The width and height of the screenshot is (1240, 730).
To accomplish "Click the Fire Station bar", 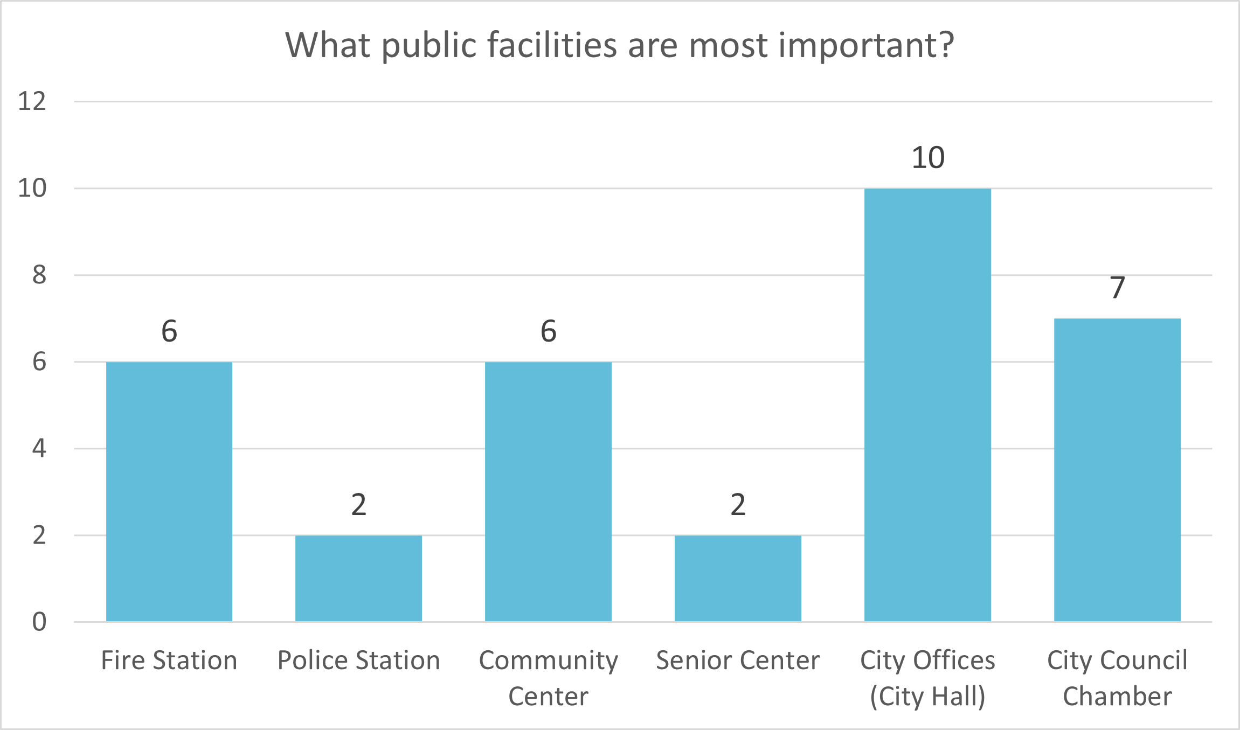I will point(169,491).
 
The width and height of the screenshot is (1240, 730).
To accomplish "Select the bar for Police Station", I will point(359,578).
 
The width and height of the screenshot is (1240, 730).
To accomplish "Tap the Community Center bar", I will point(548,491).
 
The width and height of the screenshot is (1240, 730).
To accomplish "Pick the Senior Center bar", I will point(738,578).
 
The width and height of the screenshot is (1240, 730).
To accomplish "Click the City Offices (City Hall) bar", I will point(927,405).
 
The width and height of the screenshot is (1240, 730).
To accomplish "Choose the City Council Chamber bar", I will point(1117,470).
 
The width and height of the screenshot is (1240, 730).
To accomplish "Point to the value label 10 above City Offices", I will point(928,158).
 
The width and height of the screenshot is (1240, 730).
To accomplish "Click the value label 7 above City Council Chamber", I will point(1118,288).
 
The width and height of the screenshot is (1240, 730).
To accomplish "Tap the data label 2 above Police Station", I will point(359,505).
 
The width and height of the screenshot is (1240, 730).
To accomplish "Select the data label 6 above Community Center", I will point(549,331).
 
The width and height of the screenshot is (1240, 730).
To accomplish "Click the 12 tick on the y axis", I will point(32,101).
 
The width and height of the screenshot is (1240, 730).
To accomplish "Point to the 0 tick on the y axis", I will point(39,622).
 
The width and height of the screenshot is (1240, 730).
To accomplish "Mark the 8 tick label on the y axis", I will point(39,275).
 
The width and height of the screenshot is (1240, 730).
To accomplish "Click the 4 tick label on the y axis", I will point(39,448).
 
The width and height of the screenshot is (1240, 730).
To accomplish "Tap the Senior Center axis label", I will point(738,660).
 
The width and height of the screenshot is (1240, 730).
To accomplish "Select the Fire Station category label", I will point(169,660).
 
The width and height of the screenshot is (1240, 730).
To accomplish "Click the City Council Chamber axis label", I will point(1117,678).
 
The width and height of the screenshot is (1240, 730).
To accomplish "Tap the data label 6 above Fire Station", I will point(169,331).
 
